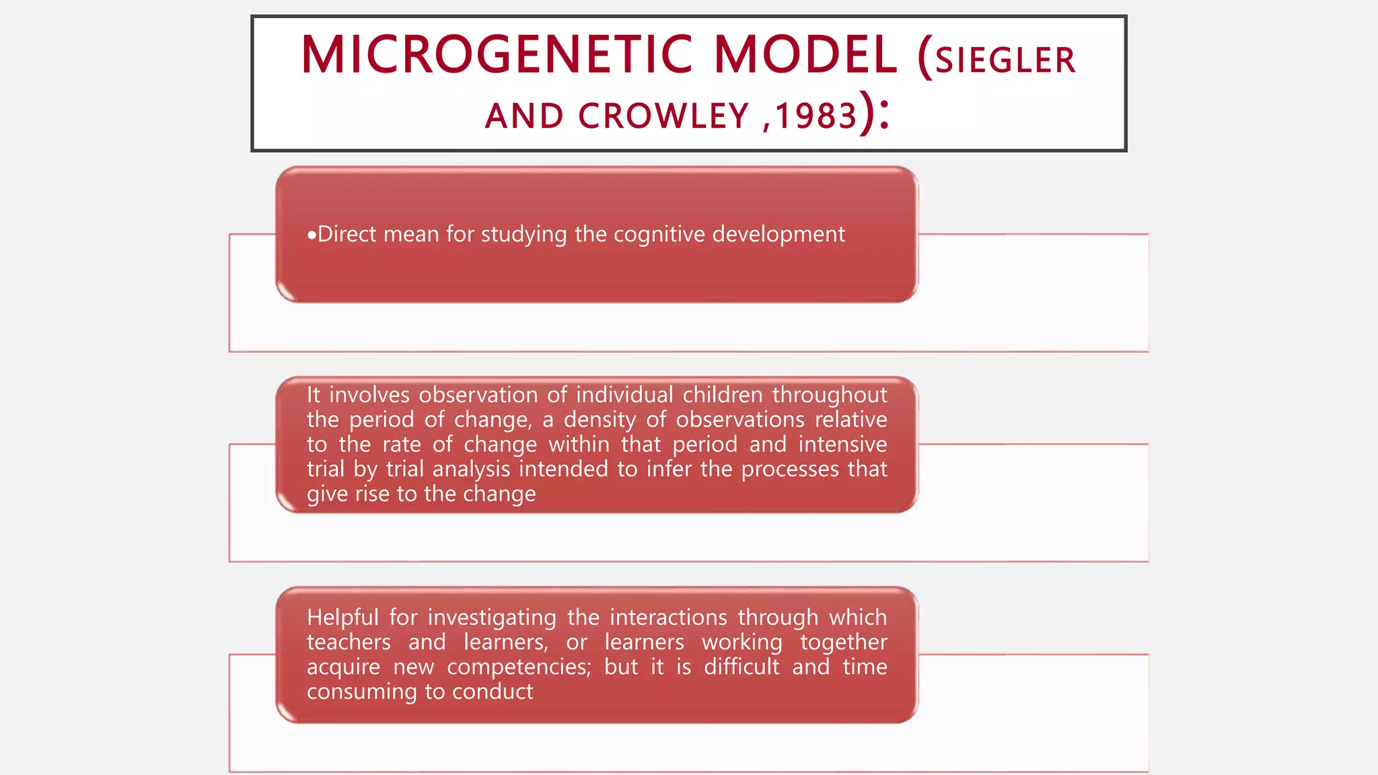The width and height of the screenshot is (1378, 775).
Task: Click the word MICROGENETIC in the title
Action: (497, 55)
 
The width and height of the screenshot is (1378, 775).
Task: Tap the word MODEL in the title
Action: (805, 55)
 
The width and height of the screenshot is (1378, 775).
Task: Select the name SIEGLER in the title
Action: (1005, 61)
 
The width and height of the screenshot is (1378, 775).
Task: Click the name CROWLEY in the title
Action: (663, 116)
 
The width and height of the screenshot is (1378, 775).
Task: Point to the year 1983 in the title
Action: (816, 116)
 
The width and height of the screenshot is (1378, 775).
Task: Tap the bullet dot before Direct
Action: (312, 235)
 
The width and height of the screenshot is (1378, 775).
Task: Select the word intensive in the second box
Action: (842, 445)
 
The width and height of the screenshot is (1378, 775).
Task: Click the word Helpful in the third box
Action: (343, 618)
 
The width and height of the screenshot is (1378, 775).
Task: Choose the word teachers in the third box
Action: (349, 642)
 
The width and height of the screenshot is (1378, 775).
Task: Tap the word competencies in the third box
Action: (519, 667)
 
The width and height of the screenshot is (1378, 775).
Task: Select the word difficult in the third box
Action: (741, 667)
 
